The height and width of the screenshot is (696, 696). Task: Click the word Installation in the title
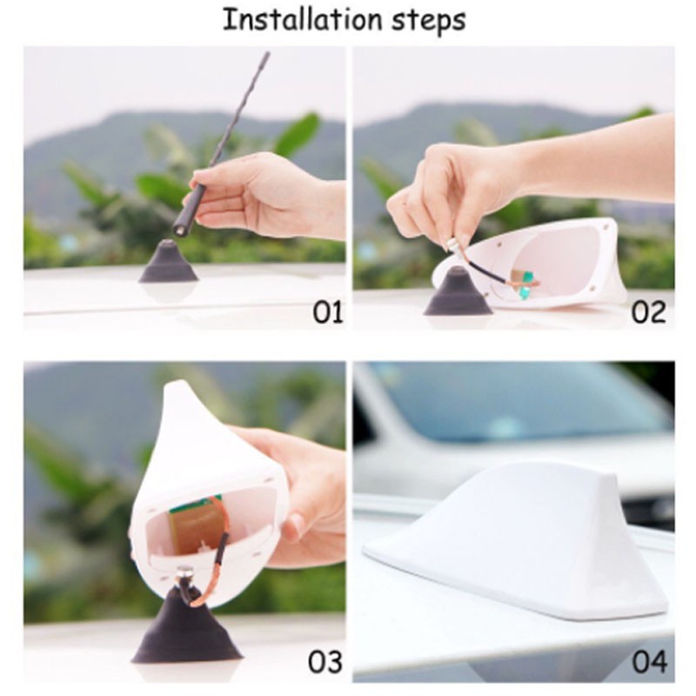302,20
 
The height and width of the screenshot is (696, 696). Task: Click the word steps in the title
428,22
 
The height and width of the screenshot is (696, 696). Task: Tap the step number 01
328,312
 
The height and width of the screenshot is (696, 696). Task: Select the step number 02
648,312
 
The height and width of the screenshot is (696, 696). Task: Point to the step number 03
325,662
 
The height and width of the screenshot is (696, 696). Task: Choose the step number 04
649,662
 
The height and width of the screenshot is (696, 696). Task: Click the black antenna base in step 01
168,262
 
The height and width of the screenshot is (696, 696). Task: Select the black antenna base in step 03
186,626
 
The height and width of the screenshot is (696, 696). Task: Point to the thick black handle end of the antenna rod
189,210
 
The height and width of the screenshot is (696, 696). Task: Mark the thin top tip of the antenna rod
268,54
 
